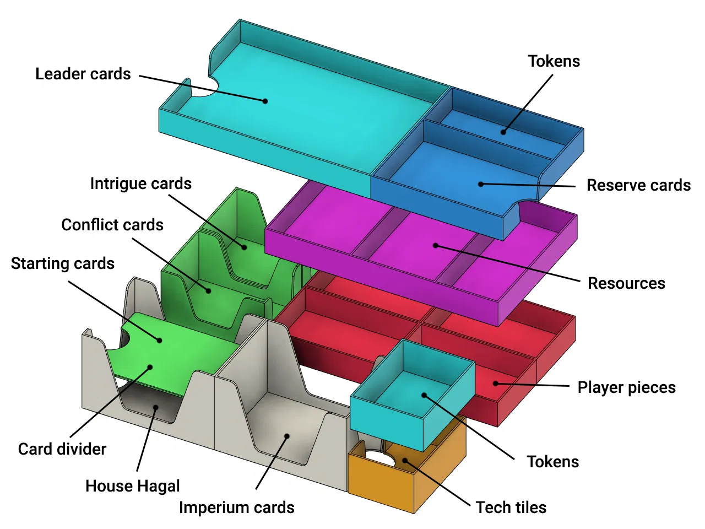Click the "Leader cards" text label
click(x=83, y=74)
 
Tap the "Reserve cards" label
click(x=638, y=185)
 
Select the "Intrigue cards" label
click(x=141, y=183)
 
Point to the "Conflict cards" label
click(x=112, y=225)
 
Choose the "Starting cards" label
click(x=63, y=263)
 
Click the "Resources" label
click(x=626, y=283)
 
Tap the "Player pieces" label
click(x=626, y=387)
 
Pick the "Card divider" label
click(x=62, y=449)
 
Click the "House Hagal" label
click(x=133, y=486)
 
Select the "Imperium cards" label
click(x=237, y=508)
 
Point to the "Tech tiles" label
click(x=511, y=508)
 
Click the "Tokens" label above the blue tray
click(x=554, y=61)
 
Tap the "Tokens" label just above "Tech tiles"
click(x=553, y=462)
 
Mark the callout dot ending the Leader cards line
click(x=265, y=101)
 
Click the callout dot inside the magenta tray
click(x=435, y=245)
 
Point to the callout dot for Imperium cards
click(x=287, y=436)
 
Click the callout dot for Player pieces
click(x=496, y=384)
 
